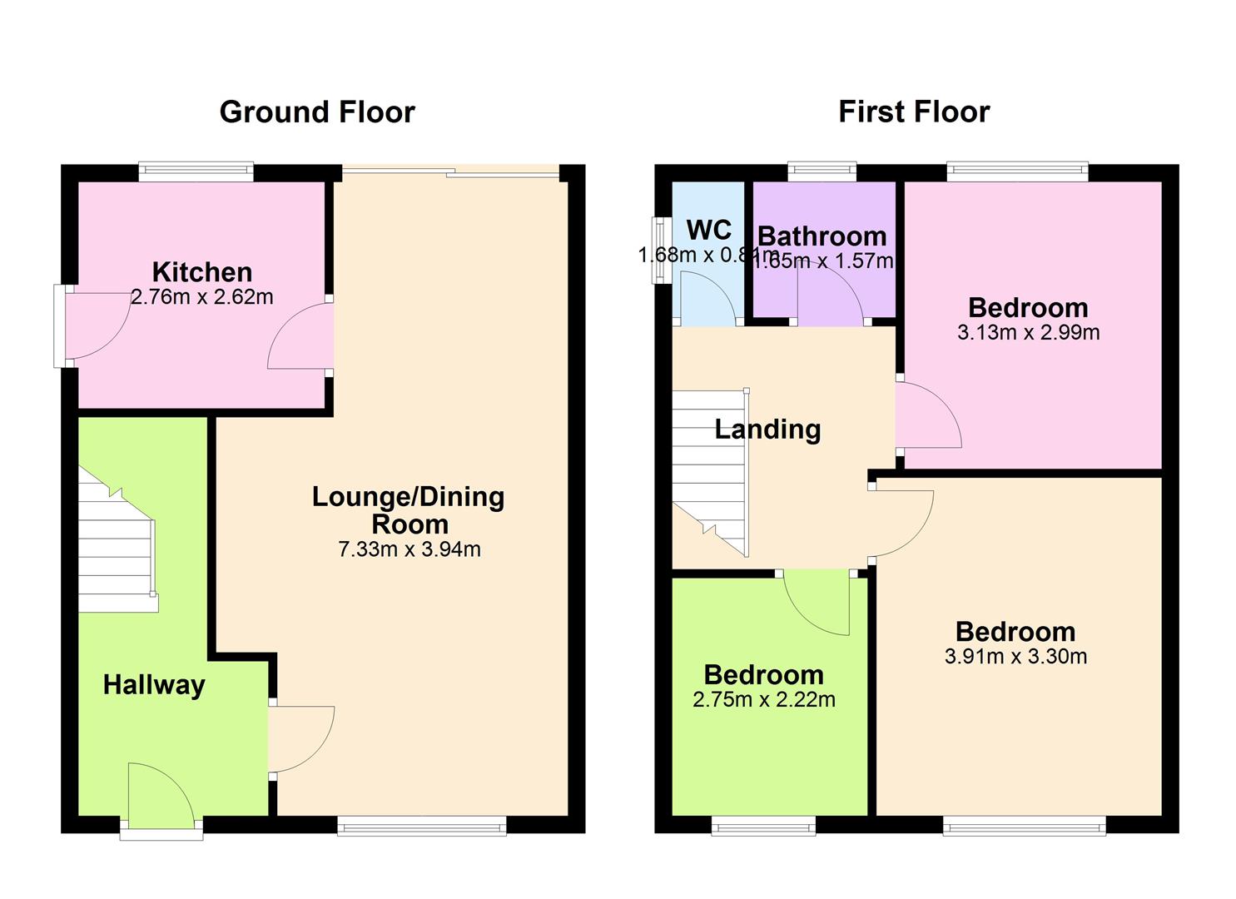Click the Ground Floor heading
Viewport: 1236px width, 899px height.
316,112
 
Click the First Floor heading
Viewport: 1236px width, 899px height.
913,112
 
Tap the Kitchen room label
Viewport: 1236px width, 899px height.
201,271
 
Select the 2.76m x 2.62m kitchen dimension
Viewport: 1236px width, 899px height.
201,297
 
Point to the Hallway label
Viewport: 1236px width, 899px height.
154,685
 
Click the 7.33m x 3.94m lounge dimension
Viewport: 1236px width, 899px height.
409,549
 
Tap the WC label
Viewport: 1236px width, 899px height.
708,229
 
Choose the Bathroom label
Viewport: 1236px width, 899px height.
822,236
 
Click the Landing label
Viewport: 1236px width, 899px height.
767,430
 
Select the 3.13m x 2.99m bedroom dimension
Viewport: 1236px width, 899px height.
1028,333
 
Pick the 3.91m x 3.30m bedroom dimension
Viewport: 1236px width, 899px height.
1015,657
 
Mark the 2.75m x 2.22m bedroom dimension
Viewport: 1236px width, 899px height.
763,700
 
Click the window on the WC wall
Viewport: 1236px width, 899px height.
662,251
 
